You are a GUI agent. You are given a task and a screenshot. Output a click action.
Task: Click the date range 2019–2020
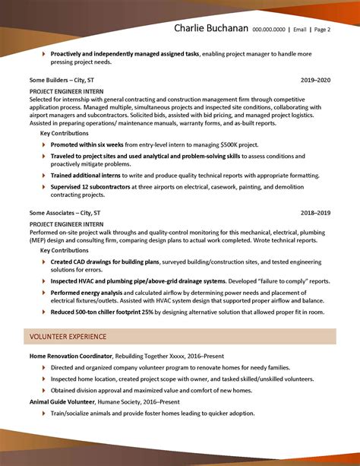[315, 79]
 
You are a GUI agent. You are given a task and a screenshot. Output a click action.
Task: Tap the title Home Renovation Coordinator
[71, 356]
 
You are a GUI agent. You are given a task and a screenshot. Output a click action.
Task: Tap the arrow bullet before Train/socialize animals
[44, 413]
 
